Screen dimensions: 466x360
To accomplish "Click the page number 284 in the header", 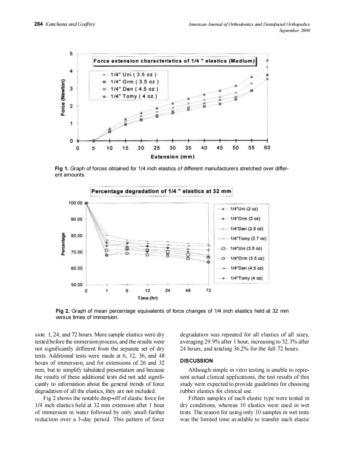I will point(38,24).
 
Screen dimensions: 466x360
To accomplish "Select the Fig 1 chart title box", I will point(174,61).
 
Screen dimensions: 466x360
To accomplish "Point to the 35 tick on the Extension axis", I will point(188,147).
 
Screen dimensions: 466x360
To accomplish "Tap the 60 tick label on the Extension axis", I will point(267,147).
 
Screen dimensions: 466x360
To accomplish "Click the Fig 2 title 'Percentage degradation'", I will point(161,191).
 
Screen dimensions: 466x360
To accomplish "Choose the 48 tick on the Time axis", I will point(188,291).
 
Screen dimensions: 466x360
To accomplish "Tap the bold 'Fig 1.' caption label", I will point(62,169).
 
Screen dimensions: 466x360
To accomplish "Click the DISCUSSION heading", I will point(196,361).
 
